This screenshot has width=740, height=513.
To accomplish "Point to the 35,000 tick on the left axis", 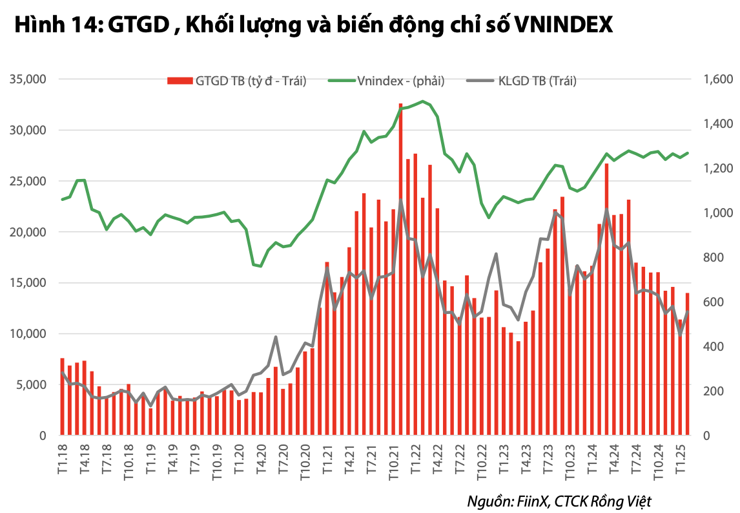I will tap(27, 79).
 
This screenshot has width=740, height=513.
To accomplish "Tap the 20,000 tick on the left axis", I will tap(27, 232).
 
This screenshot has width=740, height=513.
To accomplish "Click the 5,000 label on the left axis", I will tap(30, 385).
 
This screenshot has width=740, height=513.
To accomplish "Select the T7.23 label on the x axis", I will tap(547, 457).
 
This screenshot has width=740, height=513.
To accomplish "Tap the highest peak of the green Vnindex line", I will tap(422, 101).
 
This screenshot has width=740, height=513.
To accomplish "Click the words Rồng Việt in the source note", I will tap(624, 501).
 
